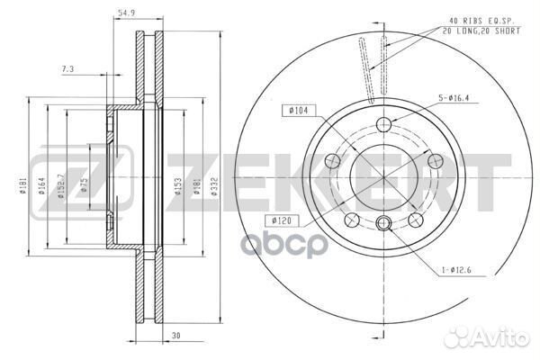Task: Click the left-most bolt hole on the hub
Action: [x=333, y=161]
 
